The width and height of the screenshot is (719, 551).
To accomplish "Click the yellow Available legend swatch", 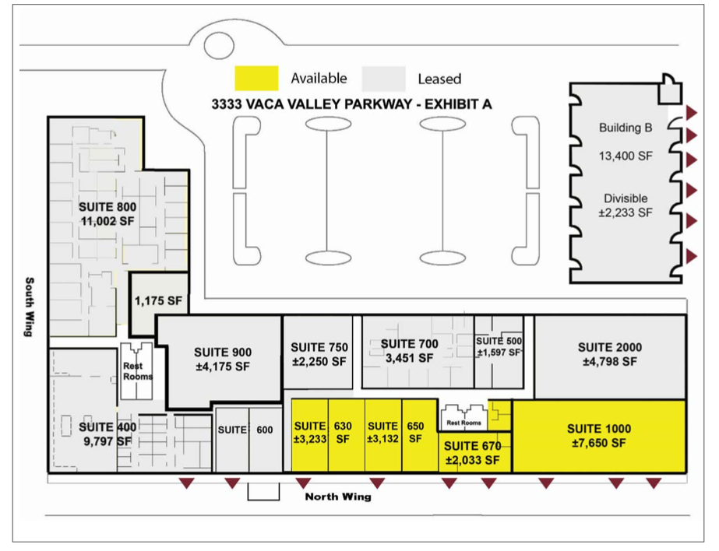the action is point(256,79).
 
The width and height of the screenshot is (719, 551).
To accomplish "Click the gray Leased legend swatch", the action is point(383,79).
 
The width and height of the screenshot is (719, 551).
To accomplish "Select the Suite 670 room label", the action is point(472,446).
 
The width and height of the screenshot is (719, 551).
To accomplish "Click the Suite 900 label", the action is point(223,353).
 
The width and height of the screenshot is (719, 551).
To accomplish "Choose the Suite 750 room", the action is point(319,352).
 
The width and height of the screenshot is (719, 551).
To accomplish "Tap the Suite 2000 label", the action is point(610,347).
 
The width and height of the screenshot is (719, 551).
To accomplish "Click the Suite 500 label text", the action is point(499,341).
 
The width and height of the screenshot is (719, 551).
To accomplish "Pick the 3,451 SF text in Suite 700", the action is point(409,358).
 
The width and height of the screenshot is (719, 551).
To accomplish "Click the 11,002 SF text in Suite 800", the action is point(107,221).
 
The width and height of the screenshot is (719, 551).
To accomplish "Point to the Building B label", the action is point(626,128).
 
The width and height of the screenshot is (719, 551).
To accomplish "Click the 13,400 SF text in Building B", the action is point(626,156).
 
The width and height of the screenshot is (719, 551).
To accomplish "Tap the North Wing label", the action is point(338,497).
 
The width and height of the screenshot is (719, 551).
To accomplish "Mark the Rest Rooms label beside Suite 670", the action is point(463,423).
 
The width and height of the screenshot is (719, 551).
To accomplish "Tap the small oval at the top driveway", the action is point(219,46).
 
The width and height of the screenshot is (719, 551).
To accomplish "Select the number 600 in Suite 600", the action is point(265,430).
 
